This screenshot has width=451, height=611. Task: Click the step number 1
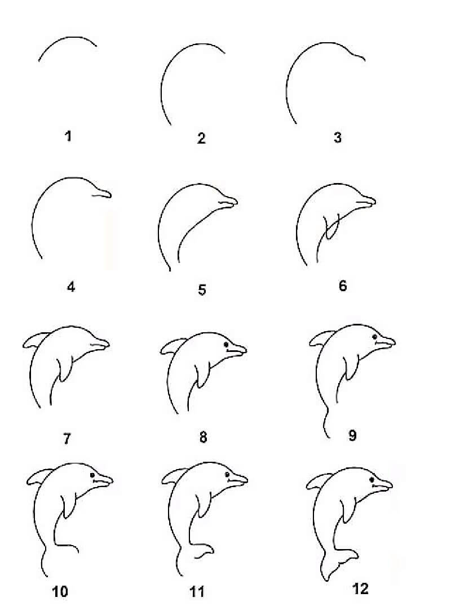click(68, 136)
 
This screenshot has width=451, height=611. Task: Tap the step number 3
click(337, 137)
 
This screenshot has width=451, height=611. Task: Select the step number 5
click(202, 290)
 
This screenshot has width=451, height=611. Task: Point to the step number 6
click(343, 286)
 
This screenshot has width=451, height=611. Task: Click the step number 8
click(203, 437)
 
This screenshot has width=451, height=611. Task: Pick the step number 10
click(60, 591)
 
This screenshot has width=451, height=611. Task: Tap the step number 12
click(360, 589)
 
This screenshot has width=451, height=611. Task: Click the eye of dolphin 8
click(225, 344)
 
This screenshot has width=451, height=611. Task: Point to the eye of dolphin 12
click(373, 480)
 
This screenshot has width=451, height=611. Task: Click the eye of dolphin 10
click(92, 476)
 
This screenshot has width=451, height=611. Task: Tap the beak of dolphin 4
click(101, 194)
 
